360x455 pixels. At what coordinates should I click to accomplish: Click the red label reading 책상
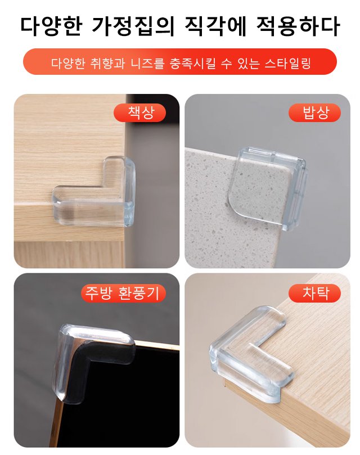pos(139,112)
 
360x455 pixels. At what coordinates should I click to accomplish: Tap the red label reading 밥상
pos(314,112)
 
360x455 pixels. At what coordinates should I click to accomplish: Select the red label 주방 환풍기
pos(123,293)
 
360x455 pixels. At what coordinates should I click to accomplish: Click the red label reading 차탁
pos(314,293)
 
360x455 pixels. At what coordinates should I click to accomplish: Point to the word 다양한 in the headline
pos(52,26)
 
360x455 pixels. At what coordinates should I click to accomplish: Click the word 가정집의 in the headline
pos(133,26)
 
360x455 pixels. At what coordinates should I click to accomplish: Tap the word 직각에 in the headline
pos(215,26)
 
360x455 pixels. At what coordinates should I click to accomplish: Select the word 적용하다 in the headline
pos(298,26)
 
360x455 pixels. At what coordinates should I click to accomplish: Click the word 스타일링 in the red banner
pos(287,63)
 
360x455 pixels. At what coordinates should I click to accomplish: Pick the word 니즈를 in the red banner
pos(147,63)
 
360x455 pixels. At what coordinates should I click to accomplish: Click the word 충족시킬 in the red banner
pos(193,63)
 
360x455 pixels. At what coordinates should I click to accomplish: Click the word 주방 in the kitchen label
pos(98,293)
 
